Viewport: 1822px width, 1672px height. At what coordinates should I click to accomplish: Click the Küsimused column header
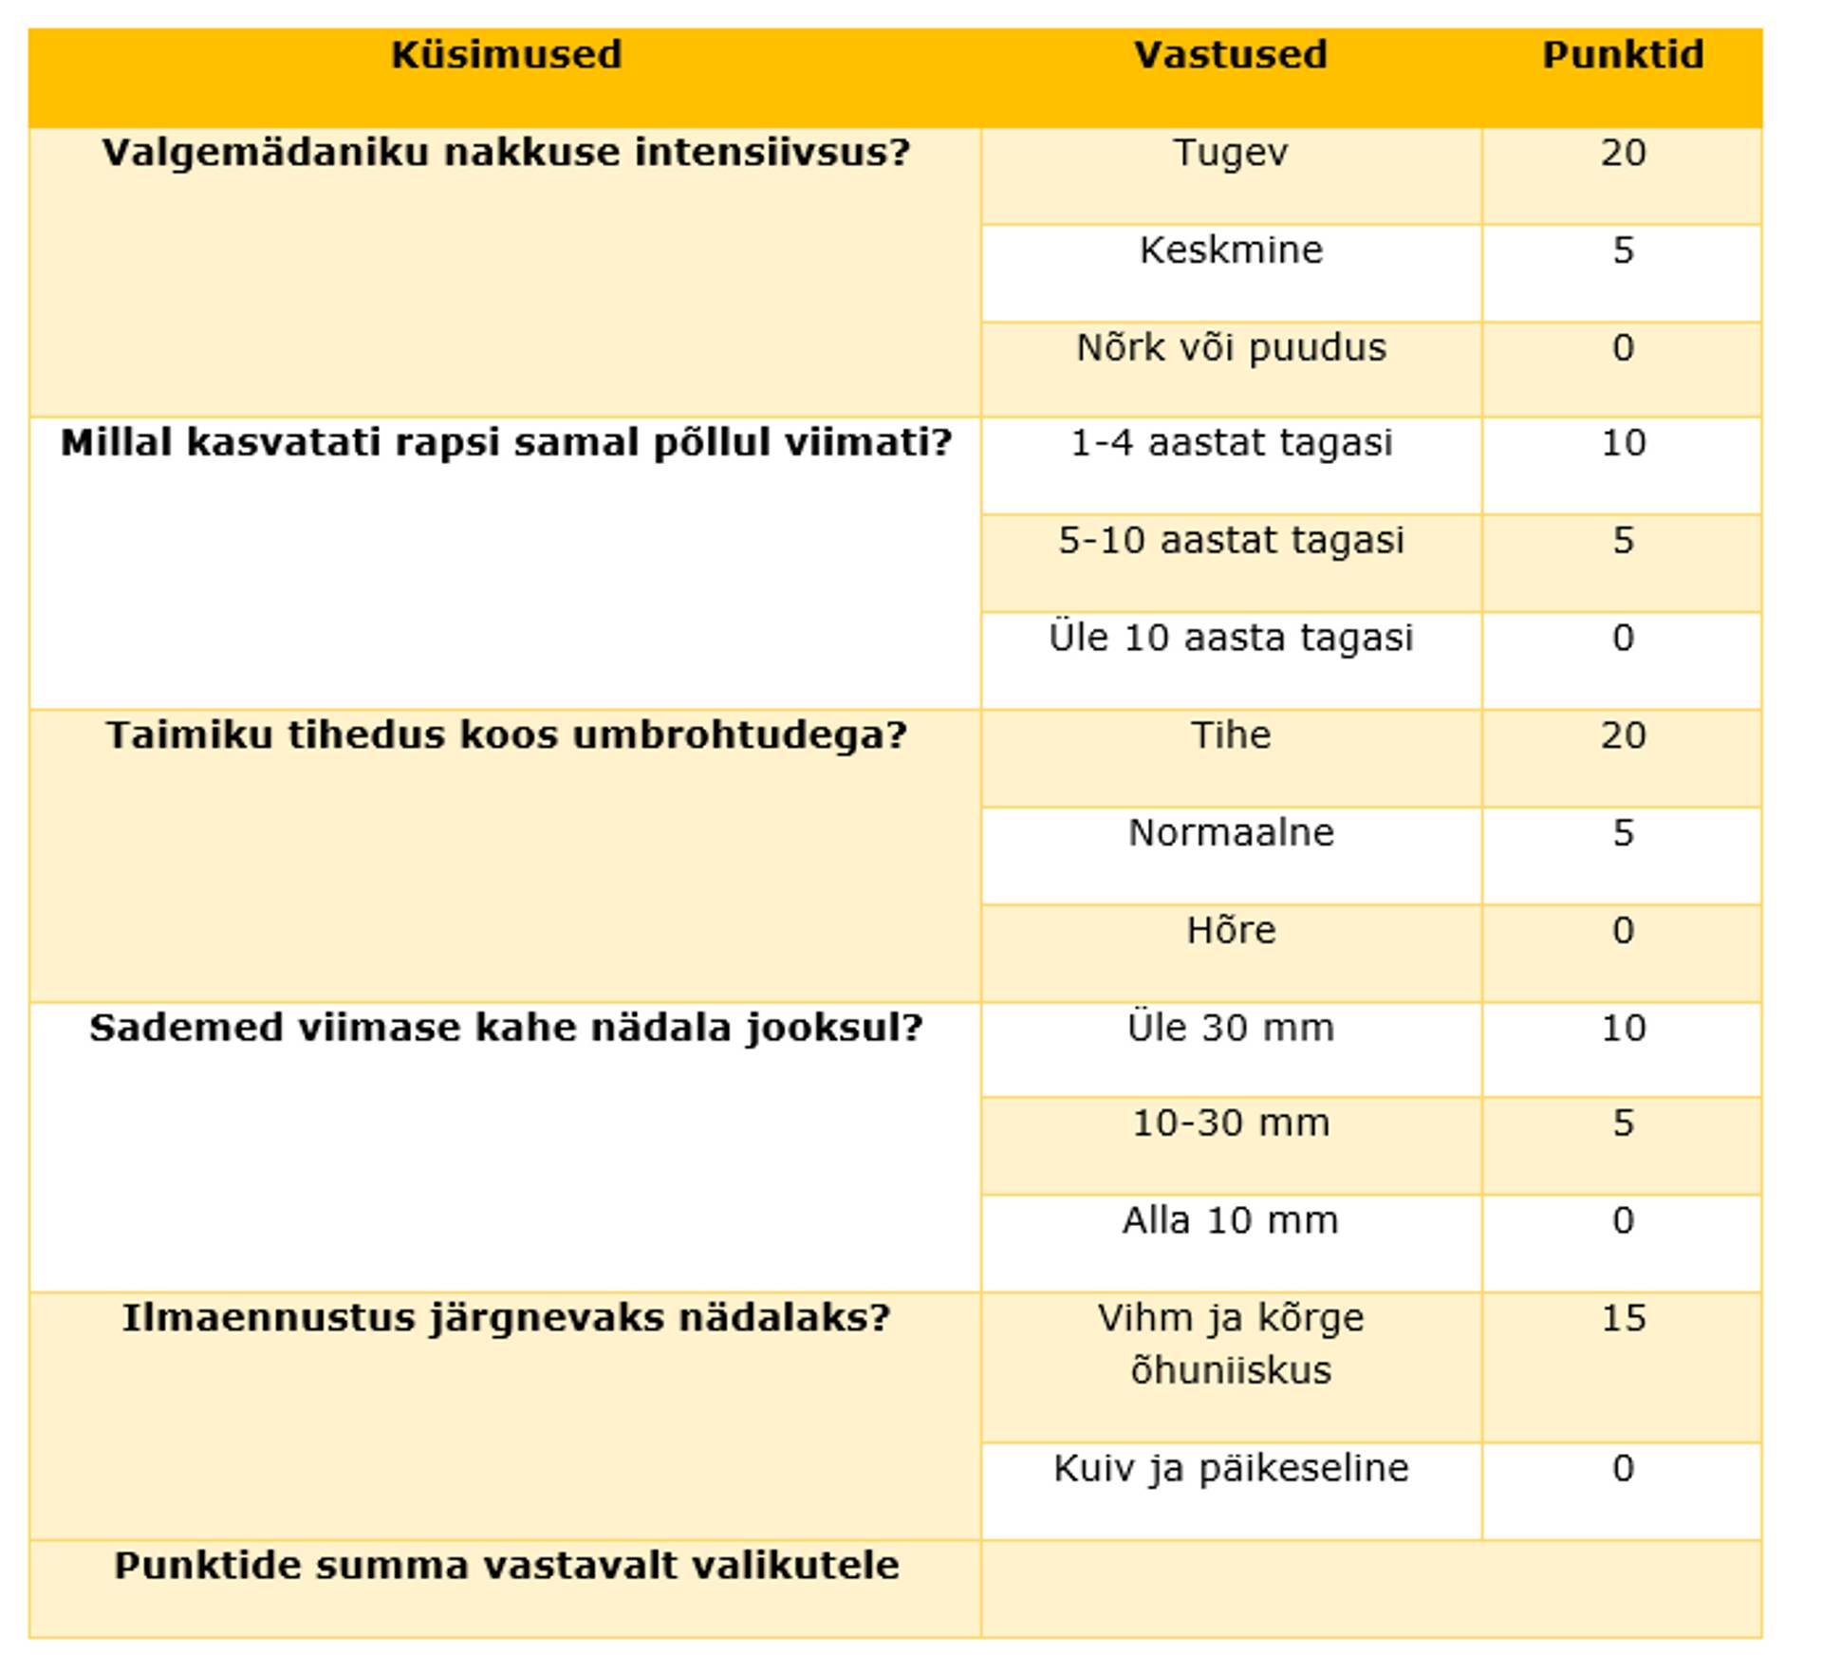pos(506,55)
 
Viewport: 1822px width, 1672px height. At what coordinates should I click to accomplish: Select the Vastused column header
pos(1230,55)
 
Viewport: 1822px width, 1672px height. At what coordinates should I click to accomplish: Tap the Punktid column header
pos(1622,55)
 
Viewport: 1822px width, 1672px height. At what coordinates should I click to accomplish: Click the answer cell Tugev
pos(1230,153)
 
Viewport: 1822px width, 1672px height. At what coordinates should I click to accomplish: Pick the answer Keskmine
pos(1230,251)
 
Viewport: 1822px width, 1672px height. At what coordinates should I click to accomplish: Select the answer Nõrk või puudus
pos(1230,348)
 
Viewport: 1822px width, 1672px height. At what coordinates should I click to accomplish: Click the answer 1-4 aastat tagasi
pos(1230,443)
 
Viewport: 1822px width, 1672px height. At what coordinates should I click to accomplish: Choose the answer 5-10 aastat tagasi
pos(1230,541)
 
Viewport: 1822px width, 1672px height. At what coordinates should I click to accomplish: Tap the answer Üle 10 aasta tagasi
pos(1230,638)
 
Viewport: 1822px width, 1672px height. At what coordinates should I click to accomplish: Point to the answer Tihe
pos(1230,735)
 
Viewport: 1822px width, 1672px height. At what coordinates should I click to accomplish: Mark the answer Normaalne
pos(1230,833)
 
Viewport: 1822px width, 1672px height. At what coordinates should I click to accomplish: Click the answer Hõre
pos(1230,931)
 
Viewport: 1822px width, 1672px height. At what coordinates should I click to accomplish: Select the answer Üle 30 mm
pos(1230,1028)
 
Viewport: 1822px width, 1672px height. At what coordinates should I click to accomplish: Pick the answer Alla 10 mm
pos(1230,1220)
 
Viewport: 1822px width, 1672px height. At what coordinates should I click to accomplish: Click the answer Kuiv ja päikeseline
pos(1230,1469)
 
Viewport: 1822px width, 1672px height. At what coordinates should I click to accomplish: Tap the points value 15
pos(1622,1318)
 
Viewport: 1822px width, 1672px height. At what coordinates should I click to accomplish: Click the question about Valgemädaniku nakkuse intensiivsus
pos(506,153)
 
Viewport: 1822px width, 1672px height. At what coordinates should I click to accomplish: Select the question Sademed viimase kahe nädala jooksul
pos(506,1028)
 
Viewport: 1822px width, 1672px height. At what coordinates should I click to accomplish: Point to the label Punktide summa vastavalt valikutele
pos(506,1566)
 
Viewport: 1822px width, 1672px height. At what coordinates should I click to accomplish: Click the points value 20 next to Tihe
pos(1622,735)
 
